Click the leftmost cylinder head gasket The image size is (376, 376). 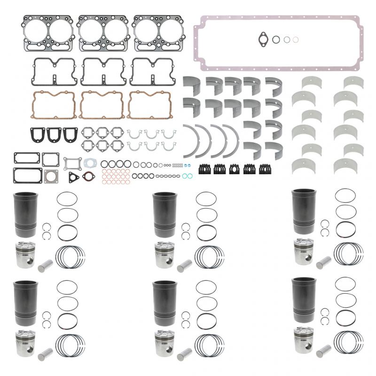click(x=47, y=33)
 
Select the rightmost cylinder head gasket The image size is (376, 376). click(x=157, y=33)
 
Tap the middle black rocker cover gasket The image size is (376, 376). click(x=102, y=71)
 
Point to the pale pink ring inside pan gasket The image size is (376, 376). click(x=295, y=40)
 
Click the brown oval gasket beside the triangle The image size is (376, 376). click(x=88, y=176)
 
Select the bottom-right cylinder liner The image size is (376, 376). click(x=301, y=300)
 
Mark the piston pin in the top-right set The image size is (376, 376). click(x=324, y=262)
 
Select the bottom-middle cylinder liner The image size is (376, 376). click(x=163, y=304)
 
